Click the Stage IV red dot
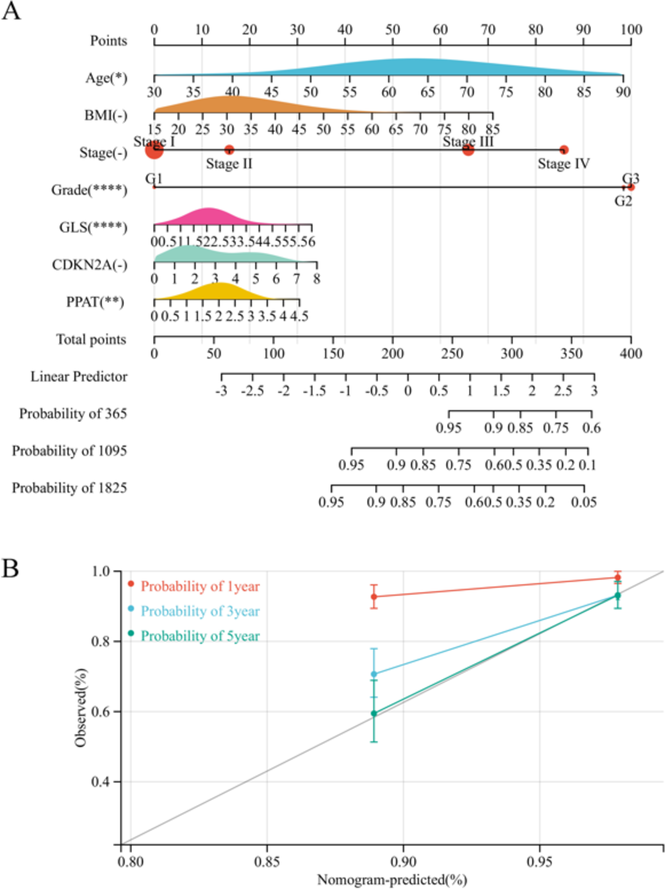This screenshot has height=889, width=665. point(564,150)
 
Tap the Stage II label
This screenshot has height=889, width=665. point(229,164)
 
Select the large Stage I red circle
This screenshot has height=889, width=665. point(154,150)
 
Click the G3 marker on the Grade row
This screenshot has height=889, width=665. point(631,187)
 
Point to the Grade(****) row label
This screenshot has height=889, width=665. point(89,190)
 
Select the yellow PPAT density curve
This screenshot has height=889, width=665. point(221,292)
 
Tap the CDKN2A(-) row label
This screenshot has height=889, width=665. point(89,265)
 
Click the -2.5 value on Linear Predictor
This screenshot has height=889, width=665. point(252,391)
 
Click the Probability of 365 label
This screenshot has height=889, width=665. point(73,414)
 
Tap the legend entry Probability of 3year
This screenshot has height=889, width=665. point(200,611)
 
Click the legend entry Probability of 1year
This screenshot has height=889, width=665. point(200,587)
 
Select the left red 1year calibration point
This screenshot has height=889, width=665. point(374,596)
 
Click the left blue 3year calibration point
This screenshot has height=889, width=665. point(374,674)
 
